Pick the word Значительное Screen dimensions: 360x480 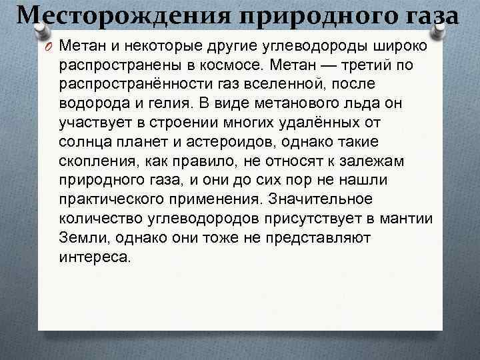point(334,199)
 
